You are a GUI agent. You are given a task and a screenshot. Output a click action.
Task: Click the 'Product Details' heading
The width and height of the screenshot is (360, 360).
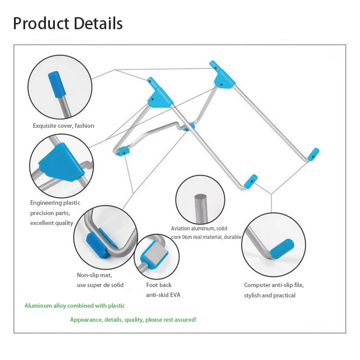coord(68,23)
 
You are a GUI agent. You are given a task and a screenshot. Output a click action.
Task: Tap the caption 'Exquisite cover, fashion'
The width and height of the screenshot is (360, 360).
coord(63,126)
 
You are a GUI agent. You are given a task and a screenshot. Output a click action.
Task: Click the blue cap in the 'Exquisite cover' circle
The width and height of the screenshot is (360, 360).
coord(57,85)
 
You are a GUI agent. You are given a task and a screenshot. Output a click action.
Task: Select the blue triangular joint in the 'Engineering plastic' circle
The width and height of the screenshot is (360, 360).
coord(61,162)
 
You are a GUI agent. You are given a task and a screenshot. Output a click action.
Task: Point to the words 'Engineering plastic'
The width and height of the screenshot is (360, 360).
coord(55,203)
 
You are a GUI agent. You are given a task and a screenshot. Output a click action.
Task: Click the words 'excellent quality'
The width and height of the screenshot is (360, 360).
coord(52,223)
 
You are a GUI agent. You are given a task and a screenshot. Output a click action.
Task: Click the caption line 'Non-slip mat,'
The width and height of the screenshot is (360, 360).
coord(94,275)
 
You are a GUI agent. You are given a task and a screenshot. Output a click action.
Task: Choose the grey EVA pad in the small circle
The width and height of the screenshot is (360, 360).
coord(156,254)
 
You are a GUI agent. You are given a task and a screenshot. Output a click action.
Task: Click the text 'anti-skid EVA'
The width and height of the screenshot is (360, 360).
coord(163,295)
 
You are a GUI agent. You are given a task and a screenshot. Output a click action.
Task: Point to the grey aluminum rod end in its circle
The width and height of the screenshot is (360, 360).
coord(201,208)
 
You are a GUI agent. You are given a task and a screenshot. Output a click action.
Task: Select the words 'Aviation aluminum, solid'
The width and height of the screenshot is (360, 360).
coord(199,229)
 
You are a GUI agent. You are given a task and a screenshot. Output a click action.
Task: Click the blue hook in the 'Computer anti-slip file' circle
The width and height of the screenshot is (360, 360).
coord(282,249)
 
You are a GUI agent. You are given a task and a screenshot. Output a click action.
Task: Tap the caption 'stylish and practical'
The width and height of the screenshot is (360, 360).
coord(270,295)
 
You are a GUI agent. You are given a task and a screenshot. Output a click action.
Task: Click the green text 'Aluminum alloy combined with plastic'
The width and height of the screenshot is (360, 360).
coord(75,306)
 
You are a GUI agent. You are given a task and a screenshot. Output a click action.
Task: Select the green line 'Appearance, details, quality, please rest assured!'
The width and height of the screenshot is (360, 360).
coord(133,319)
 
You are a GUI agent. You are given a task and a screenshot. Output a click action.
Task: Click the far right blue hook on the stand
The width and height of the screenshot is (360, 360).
coord(314,154)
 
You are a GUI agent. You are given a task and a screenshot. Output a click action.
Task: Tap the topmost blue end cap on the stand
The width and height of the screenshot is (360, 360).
coord(216,66)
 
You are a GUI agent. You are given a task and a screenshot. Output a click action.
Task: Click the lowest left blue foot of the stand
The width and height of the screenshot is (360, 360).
coord(123,152)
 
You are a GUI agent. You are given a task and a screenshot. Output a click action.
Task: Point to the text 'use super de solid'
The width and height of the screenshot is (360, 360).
coord(100,285)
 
